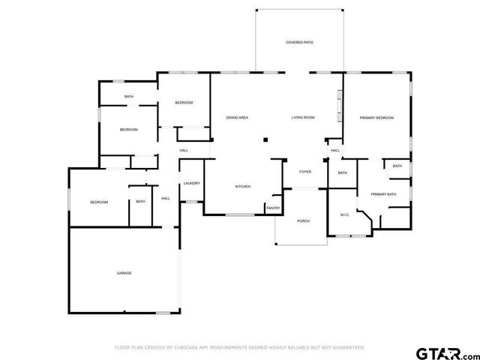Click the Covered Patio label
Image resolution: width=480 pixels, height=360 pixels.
coord(299,43)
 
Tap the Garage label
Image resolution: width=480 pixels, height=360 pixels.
coord(124,273)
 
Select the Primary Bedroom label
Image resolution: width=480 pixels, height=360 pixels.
coord(376,118)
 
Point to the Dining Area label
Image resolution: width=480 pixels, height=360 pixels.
coord(238,118)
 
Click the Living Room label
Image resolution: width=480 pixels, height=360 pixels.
coord(303,118)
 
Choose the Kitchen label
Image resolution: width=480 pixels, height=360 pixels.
coord(243,187)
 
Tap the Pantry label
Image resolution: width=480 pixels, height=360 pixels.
coord(273,208)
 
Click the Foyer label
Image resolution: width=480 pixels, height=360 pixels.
coord(305,172)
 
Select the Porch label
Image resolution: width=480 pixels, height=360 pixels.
coord(303,221)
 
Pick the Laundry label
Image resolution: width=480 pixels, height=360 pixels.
coord(190,184)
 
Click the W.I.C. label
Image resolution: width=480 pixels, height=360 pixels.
coord(344,215)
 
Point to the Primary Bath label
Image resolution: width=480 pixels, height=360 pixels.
coord(382,195)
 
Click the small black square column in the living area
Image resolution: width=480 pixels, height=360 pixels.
coord(264,139)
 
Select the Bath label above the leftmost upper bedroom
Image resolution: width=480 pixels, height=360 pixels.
coord(129,97)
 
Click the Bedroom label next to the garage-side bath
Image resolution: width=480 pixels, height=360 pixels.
coord(99,202)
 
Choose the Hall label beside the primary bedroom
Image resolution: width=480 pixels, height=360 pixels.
coord(335,151)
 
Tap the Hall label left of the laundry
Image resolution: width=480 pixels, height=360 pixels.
coord(166,198)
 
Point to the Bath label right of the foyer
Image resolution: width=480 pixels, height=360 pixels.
coord(343,173)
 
